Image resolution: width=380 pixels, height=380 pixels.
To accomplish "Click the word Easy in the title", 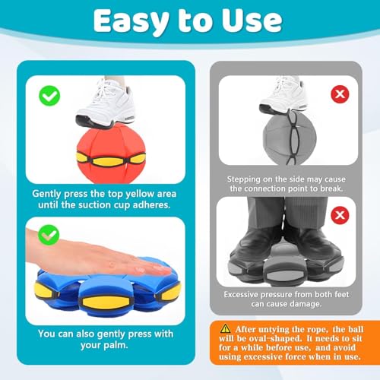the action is click(131, 21).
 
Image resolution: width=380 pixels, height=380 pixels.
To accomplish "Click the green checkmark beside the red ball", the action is click(49, 96).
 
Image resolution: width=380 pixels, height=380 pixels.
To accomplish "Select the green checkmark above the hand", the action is click(49, 235).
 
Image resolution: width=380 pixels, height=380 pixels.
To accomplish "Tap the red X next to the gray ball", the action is click(340, 94).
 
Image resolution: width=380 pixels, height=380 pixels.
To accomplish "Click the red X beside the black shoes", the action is click(340, 215).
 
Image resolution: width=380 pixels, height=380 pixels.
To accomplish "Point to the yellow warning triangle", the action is click(225, 329).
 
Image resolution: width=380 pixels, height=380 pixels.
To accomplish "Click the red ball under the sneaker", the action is click(111, 154).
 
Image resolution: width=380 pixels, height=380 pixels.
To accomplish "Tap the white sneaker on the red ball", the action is click(106, 104).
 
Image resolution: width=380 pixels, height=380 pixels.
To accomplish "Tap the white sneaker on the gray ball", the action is click(283, 96).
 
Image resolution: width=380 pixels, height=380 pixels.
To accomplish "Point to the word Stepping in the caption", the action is click(244, 179).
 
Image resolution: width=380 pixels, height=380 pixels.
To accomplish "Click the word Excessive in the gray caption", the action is click(241, 294).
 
